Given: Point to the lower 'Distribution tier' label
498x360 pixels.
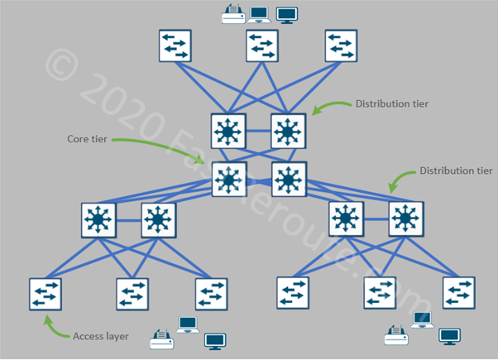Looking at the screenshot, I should point(457,171).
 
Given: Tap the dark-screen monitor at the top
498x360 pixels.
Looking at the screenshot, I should point(286,14).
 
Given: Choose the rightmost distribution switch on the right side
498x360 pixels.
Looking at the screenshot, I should point(405,220).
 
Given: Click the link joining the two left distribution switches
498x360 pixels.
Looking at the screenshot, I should point(128,221).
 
